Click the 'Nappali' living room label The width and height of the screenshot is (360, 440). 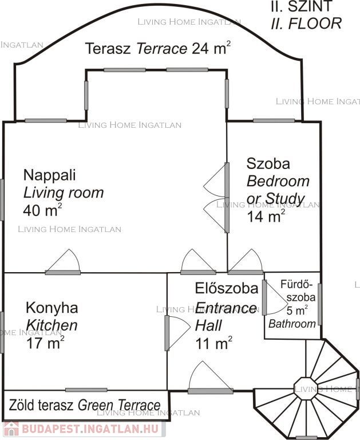[x=49, y=176]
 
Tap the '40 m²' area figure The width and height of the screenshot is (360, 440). [x=42, y=210]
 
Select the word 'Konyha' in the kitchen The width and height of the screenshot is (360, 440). [x=52, y=308]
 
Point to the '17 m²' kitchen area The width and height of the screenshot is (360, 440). [x=45, y=343]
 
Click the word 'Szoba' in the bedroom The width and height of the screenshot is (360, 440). [x=268, y=164]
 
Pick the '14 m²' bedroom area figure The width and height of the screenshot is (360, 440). [x=266, y=216]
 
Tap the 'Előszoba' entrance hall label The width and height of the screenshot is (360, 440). [x=227, y=289]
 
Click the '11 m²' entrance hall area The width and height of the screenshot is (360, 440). [x=213, y=343]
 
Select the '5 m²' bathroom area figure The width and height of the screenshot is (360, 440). [x=297, y=311]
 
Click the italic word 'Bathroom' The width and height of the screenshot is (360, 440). [x=292, y=324]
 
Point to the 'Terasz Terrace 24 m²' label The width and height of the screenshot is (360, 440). [x=158, y=48]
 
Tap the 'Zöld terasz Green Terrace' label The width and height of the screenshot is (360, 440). [x=85, y=405]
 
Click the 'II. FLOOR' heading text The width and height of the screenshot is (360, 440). [x=306, y=23]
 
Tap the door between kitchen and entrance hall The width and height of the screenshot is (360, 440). [x=167, y=333]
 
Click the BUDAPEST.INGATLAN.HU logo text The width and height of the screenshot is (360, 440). [x=90, y=429]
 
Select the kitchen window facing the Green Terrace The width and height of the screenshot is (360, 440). [x=86, y=390]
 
